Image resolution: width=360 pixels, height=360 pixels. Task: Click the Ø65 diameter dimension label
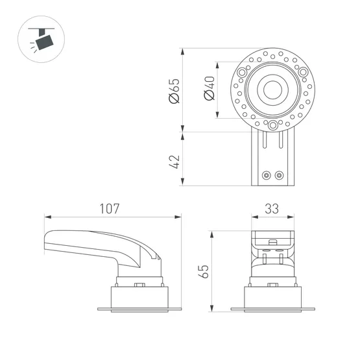tap(174, 90)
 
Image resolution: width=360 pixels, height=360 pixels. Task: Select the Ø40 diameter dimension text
tap(209, 88)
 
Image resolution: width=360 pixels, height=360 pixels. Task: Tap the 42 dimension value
tap(174, 160)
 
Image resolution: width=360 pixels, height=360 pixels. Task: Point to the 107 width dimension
tap(110, 209)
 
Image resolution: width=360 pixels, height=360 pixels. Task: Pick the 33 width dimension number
tap(272, 209)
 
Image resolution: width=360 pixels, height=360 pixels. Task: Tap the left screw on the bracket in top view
tap(266, 174)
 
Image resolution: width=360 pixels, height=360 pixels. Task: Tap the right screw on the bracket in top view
tap(279, 174)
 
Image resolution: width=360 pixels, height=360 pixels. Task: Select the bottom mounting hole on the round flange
tap(273, 125)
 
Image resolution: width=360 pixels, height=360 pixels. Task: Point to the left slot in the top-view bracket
tap(265, 140)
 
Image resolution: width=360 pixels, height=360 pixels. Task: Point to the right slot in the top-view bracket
tap(281, 140)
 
